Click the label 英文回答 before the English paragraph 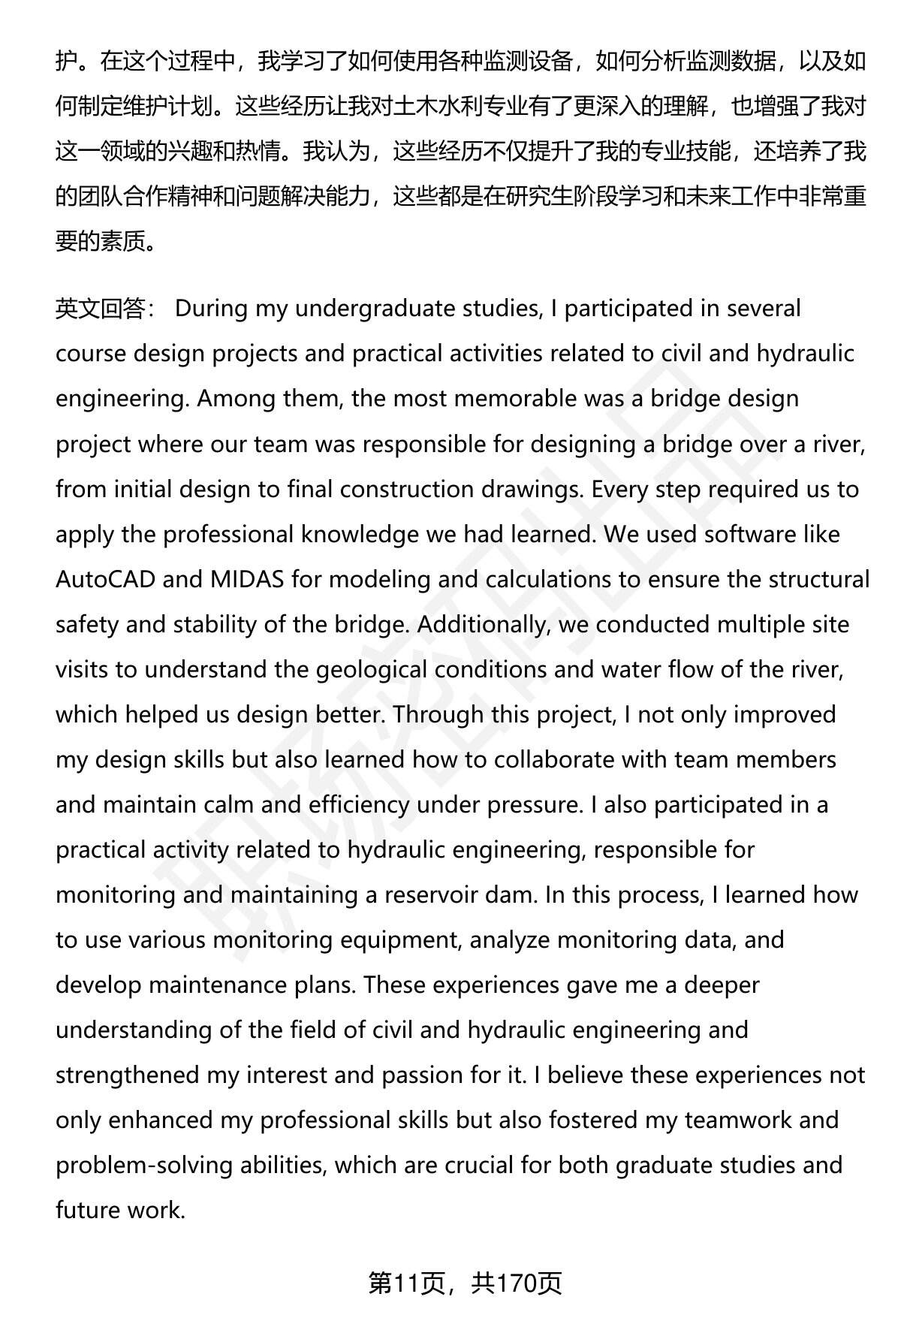coord(100,309)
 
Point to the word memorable coord(516,399)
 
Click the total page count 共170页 coord(517,1283)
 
